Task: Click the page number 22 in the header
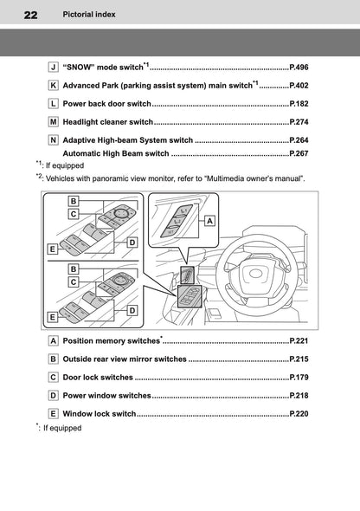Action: click(31, 15)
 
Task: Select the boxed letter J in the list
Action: click(54, 66)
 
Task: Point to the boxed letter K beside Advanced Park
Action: click(54, 85)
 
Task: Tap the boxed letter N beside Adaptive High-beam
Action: click(54, 139)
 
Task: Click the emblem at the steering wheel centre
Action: click(257, 275)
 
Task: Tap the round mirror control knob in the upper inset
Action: click(119, 214)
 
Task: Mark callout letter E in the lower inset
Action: click(53, 317)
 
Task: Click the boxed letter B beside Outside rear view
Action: click(54, 359)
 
